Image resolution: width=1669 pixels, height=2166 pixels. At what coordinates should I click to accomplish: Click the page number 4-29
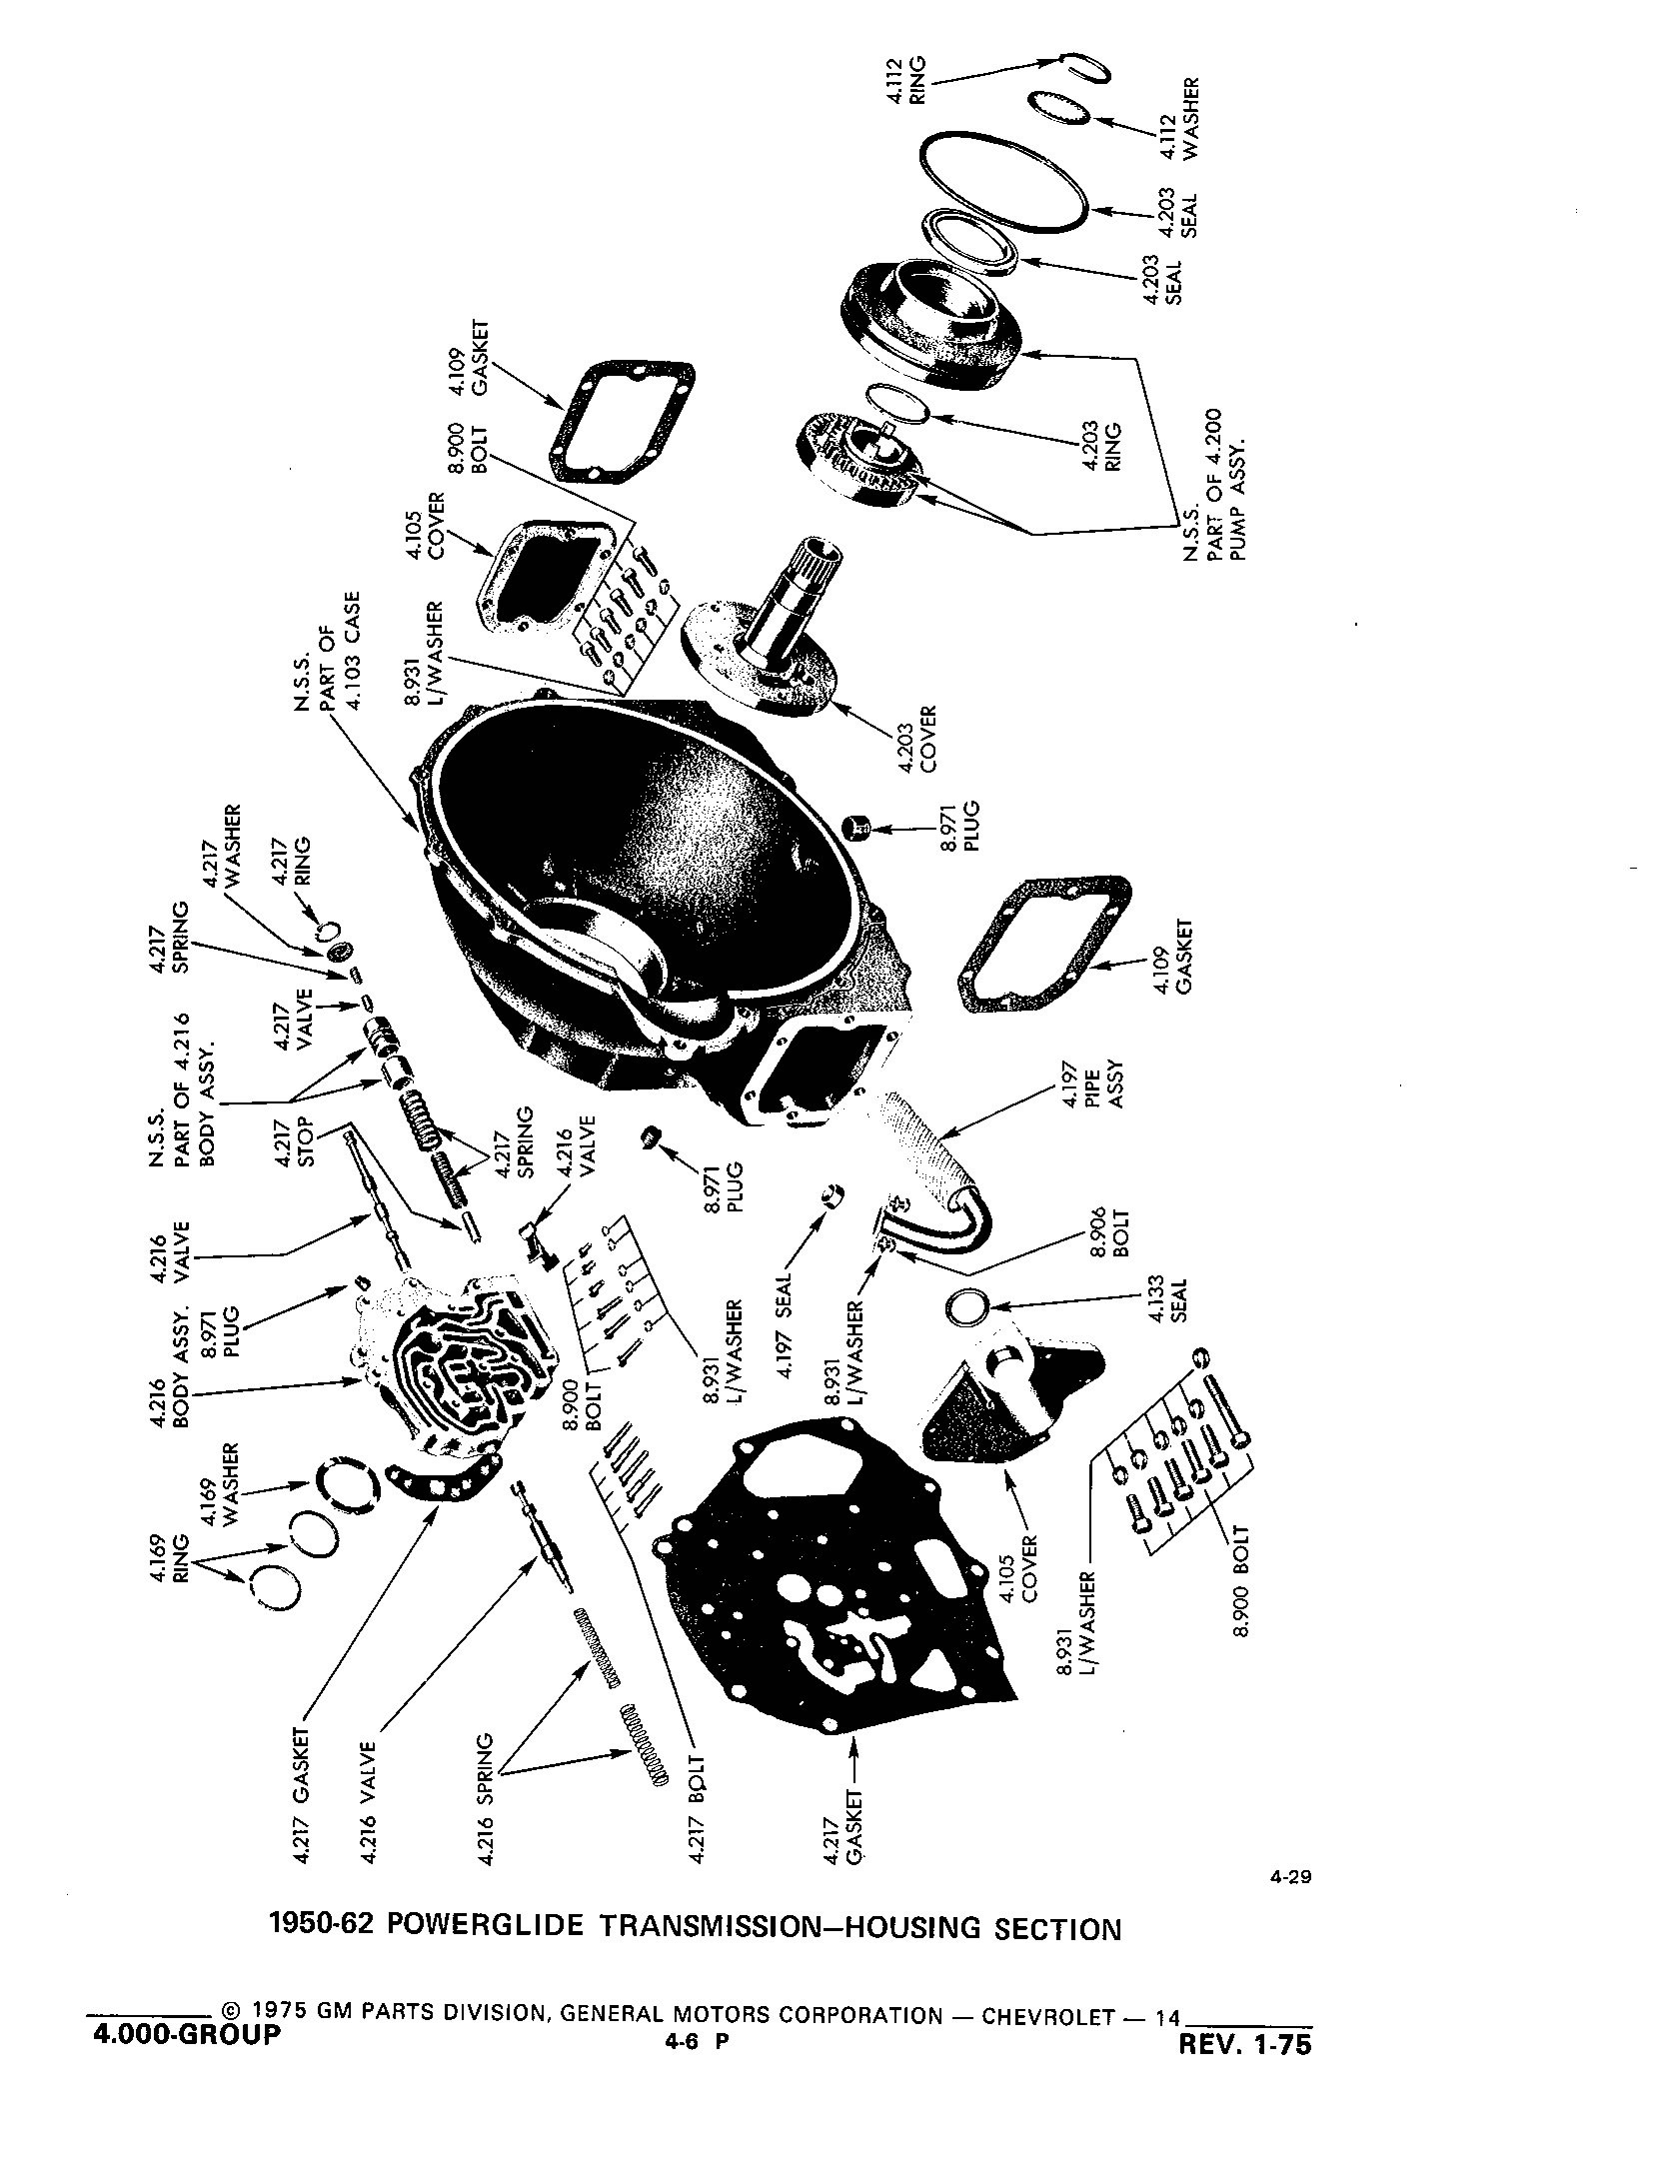tap(1290, 1876)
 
